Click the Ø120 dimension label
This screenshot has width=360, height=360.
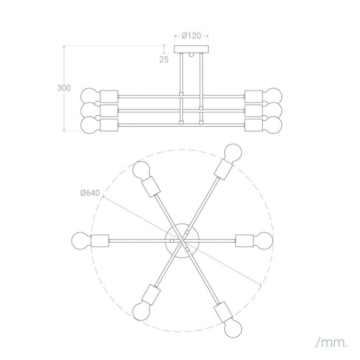click(191, 36)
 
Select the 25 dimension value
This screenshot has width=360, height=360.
click(164, 60)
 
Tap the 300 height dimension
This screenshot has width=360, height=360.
click(64, 88)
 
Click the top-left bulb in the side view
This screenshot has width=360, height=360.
click(89, 96)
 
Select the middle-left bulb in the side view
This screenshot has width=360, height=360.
click(89, 111)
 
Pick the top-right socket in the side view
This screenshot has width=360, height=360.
click(253, 96)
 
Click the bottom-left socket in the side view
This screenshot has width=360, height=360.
click(109, 125)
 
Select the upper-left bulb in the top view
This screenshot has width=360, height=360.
click(141, 170)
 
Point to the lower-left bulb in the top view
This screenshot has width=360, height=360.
click(141, 309)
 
